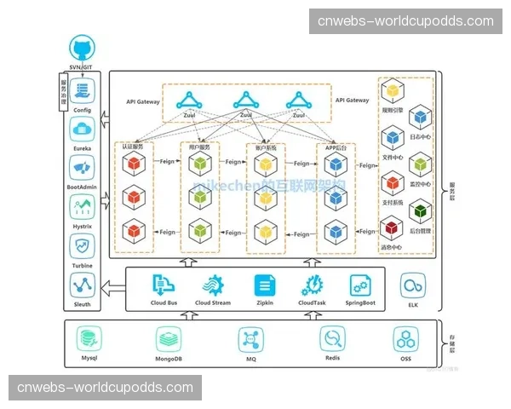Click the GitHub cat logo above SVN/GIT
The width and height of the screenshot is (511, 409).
pos(83,49)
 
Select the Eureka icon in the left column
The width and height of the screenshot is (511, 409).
pos(83,130)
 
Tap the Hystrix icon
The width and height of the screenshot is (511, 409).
pos(83,207)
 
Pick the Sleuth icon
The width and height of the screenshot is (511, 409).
pos(83,284)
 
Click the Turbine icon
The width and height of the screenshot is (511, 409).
pos(83,246)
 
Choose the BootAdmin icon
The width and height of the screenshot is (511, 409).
pos(83,168)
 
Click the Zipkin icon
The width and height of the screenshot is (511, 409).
pos(264,285)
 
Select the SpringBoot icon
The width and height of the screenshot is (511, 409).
pos(361,285)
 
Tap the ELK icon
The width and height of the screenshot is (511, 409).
pos(414,285)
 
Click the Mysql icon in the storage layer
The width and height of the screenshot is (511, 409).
pos(89,338)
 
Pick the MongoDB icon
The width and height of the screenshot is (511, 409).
pos(169,338)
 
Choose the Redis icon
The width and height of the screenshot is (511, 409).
pos(332,338)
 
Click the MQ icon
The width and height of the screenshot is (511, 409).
pos(251,338)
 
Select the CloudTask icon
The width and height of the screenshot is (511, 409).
pos(313,285)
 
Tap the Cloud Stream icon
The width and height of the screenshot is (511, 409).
pos(213,285)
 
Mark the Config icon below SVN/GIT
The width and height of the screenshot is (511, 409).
pos(83,89)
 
